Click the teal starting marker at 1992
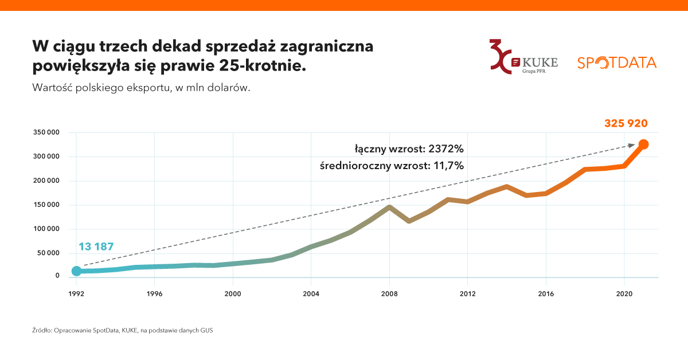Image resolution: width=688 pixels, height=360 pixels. [x=76, y=271]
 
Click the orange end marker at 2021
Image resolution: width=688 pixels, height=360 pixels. [x=643, y=144]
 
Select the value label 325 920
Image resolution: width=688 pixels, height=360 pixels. [x=626, y=123]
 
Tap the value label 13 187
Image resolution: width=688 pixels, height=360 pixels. [x=96, y=247]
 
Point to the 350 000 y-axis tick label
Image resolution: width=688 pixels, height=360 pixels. [x=46, y=132]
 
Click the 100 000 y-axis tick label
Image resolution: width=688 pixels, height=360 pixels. [x=46, y=229]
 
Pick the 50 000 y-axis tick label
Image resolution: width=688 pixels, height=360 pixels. [x=48, y=253]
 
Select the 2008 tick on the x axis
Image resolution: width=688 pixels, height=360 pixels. [x=389, y=294]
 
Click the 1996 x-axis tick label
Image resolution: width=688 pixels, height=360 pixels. [x=154, y=294]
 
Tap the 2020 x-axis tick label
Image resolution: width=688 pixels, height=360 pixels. [x=624, y=294]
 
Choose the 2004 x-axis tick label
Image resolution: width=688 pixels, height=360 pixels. [x=311, y=294]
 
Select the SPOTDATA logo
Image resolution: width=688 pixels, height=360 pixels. [x=616, y=62]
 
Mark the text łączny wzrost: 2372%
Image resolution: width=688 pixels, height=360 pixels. [x=409, y=149]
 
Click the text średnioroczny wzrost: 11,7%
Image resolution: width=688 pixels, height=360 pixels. [x=392, y=166]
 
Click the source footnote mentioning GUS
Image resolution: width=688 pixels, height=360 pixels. [x=123, y=331]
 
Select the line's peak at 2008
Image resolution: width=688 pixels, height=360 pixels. [x=389, y=207]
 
